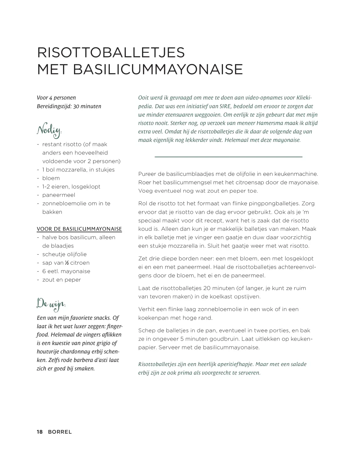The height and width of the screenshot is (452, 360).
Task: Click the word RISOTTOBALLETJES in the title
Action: [111, 53]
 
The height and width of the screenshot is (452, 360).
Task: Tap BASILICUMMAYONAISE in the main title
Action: [158, 69]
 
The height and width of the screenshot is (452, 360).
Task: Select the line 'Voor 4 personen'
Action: [56, 98]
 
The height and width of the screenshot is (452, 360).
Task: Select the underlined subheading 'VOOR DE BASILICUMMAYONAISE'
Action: [79, 229]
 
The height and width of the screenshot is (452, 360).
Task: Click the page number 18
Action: [40, 432]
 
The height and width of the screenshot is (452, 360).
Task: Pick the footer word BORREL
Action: [60, 432]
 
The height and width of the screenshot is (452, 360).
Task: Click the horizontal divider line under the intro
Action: [228, 156]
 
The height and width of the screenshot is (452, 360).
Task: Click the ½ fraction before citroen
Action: [67, 263]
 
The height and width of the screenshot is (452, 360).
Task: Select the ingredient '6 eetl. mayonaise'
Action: [66, 271]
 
